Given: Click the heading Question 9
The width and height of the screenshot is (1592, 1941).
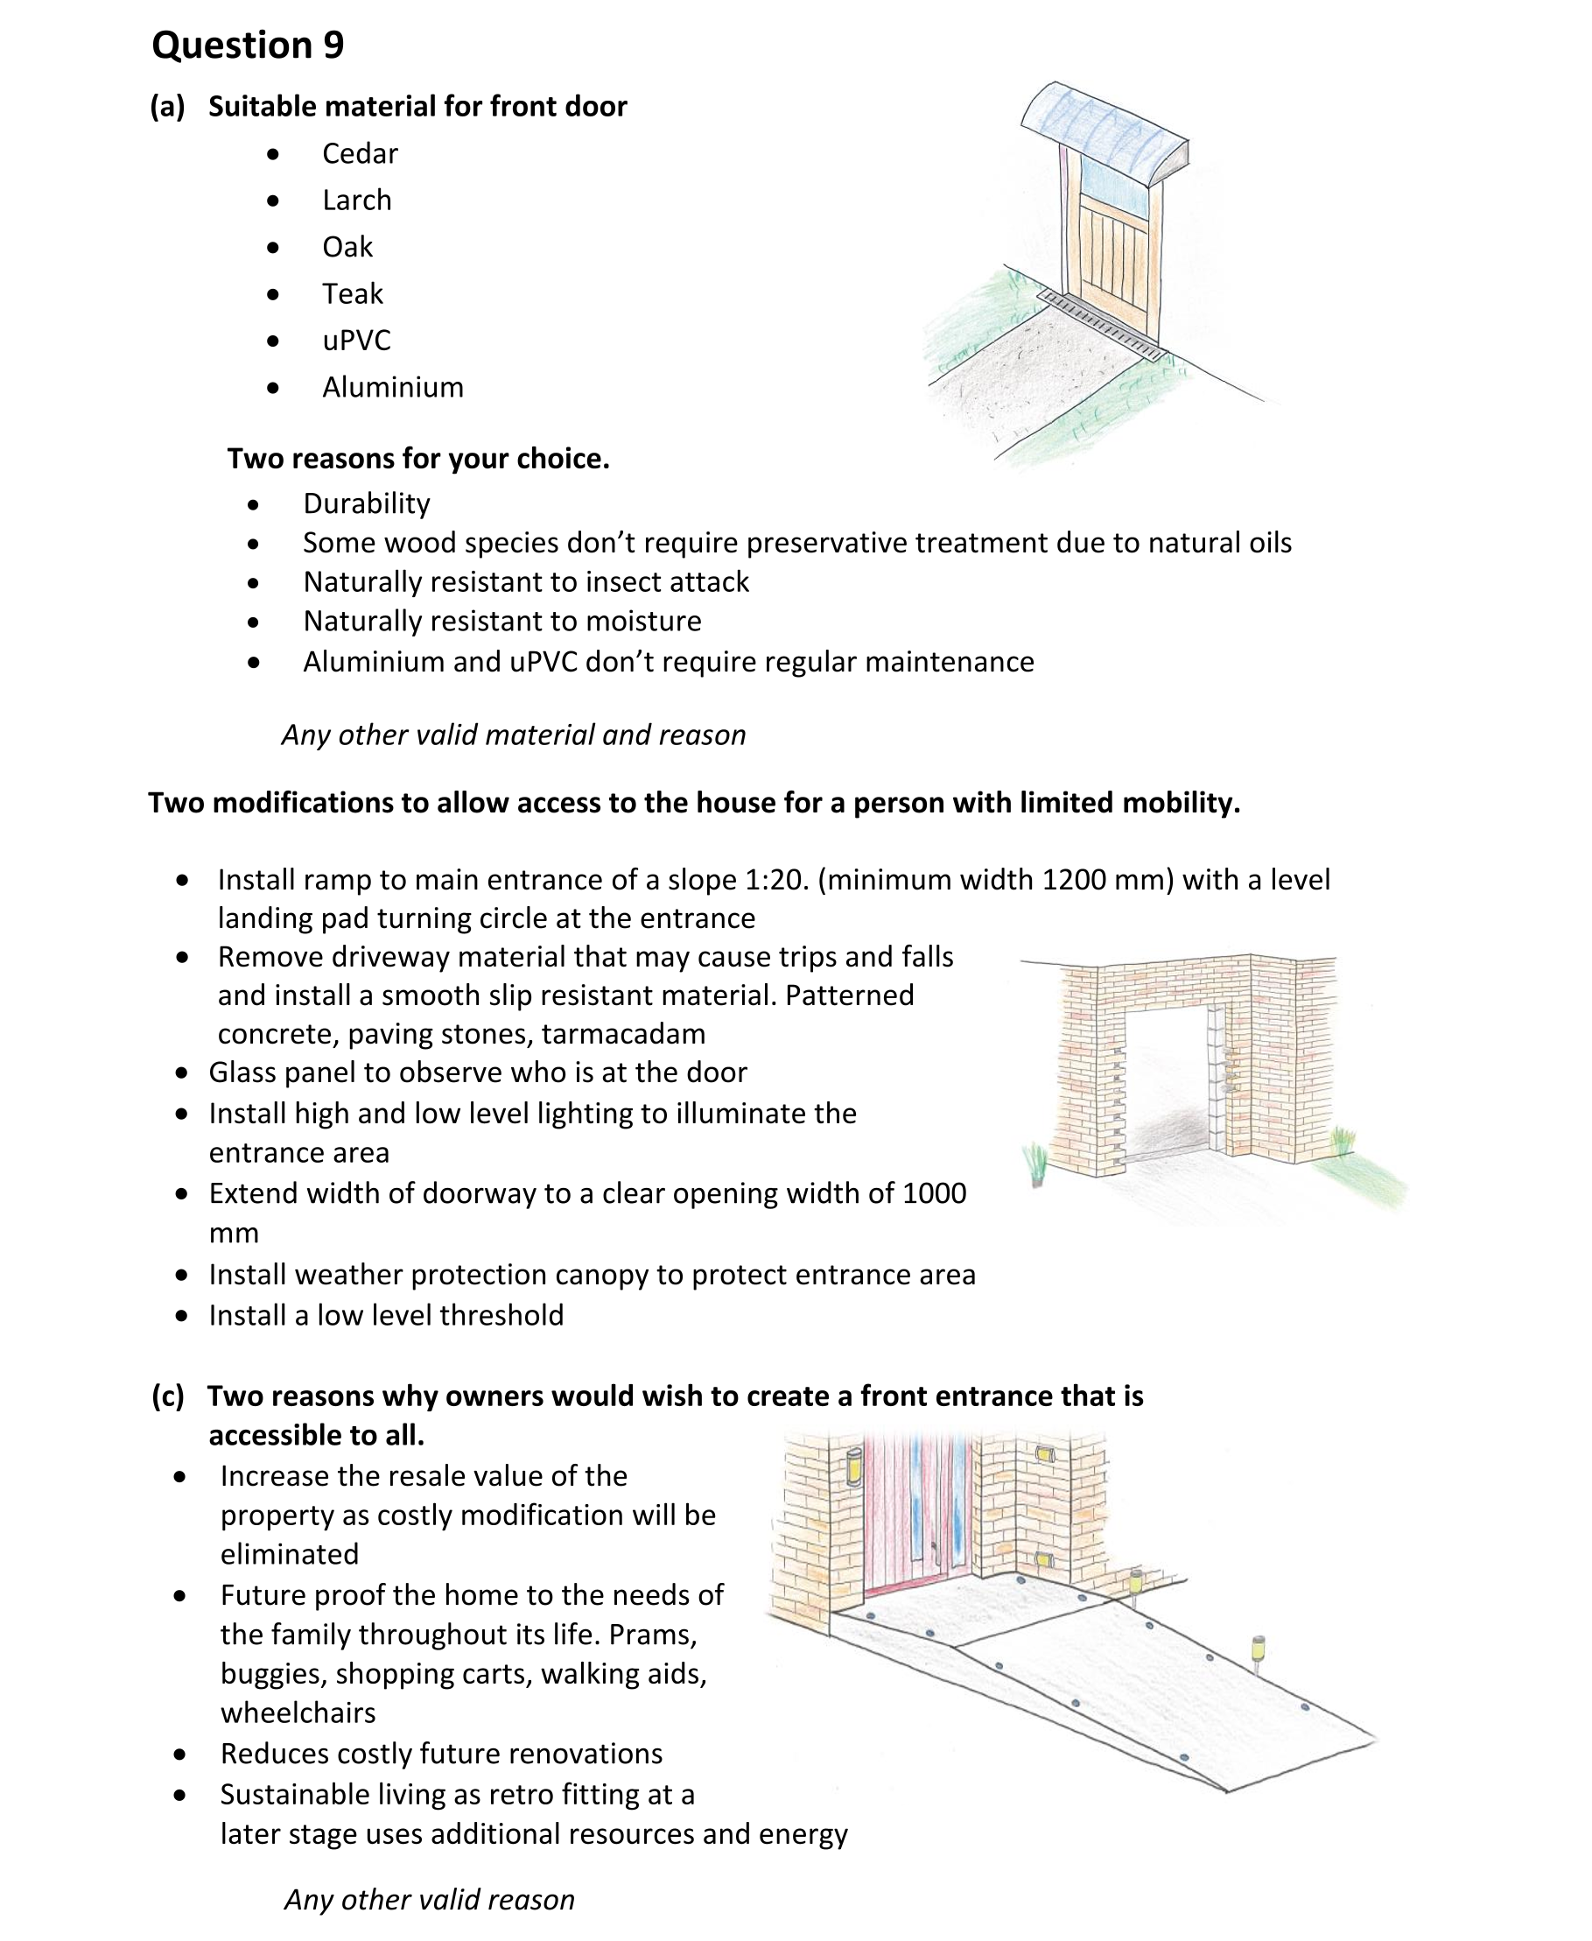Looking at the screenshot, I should [x=248, y=45].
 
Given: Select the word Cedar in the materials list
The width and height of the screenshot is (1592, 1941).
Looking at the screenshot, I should [x=360, y=153].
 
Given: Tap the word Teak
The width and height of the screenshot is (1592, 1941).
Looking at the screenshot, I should [x=352, y=293].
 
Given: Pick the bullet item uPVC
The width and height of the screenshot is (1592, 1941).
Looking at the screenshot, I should [x=356, y=341].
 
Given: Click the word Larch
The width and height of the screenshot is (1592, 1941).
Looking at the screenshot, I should [x=357, y=200].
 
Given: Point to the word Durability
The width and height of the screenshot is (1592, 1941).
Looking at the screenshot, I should [x=366, y=503].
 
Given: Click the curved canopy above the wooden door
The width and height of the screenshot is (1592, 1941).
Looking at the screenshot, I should [x=1105, y=129].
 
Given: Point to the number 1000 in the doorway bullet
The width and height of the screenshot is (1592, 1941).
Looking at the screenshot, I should [x=935, y=1193].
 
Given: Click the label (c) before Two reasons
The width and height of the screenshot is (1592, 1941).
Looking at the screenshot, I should [x=168, y=1396].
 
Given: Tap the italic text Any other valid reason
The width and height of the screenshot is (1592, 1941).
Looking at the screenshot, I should [x=429, y=1899].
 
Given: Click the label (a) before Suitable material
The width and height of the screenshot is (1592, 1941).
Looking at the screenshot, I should [x=168, y=107].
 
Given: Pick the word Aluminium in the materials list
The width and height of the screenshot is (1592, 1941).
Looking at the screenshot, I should [x=392, y=387].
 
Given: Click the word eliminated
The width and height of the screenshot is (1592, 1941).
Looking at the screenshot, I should [x=289, y=1554].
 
